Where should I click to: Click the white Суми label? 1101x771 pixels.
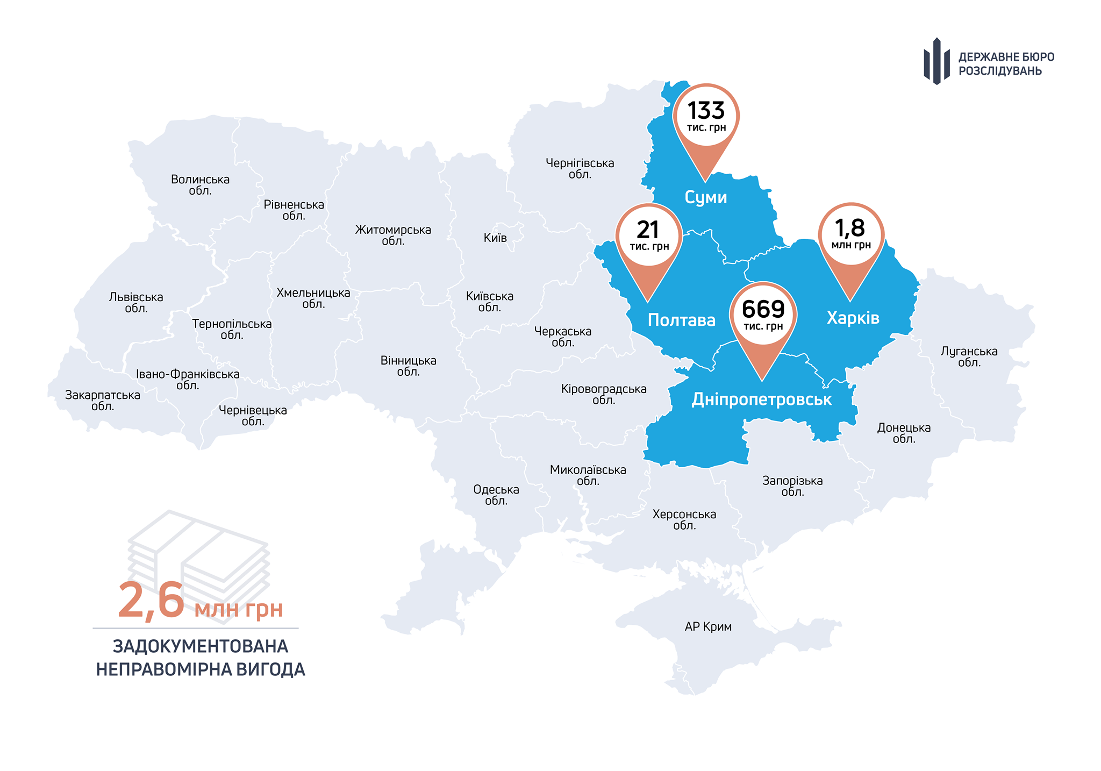coord(706,197)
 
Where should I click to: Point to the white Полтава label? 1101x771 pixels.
coord(681,320)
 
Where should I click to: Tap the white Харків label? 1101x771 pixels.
coord(853,318)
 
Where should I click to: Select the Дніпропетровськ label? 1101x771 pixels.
coord(761,399)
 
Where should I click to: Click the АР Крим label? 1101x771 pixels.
coord(708,626)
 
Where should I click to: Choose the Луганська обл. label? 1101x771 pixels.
coord(969,356)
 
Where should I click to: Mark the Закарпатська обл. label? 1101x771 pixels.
coord(103,401)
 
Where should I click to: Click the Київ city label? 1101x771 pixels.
coord(495,238)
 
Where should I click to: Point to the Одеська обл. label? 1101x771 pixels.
coord(496,495)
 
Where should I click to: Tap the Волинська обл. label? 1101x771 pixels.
coord(200,184)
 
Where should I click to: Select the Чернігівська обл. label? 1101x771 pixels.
coord(580,168)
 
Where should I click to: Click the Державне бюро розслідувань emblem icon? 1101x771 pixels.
coord(936,61)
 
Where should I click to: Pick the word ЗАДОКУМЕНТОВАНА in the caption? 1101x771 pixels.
coord(201,646)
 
